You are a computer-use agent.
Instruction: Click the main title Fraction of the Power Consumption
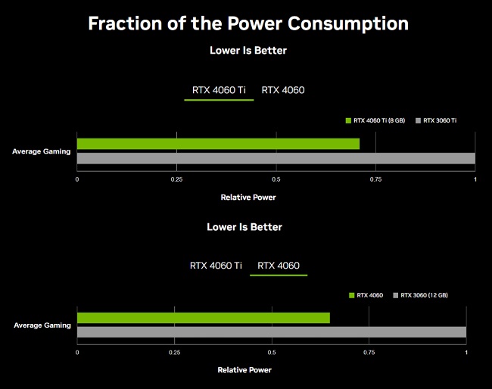click(248, 24)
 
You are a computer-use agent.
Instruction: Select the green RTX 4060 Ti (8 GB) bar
click(218, 144)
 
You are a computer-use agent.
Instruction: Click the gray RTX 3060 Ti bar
click(276, 158)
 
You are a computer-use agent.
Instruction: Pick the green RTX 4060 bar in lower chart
click(204, 318)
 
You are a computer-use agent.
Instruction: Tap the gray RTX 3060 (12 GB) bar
click(272, 332)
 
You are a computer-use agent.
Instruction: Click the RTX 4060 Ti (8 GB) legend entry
click(375, 120)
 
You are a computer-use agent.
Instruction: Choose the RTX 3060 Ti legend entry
click(436, 120)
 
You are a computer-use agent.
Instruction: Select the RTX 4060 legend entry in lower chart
click(366, 295)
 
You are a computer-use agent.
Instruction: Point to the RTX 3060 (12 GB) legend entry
click(420, 295)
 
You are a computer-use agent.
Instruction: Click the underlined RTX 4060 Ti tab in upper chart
click(219, 90)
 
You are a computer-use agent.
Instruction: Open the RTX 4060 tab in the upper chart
click(283, 90)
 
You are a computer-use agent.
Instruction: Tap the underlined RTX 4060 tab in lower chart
click(279, 266)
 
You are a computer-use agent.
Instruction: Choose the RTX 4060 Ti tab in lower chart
click(216, 266)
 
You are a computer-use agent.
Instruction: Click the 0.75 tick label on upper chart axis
click(375, 179)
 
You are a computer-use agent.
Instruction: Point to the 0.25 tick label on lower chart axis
click(174, 353)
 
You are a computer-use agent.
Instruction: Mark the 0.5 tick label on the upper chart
click(276, 179)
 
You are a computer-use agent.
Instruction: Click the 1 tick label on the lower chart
click(466, 353)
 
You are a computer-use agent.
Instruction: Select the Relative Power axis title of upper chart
click(248, 198)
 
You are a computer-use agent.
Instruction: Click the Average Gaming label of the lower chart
click(42, 325)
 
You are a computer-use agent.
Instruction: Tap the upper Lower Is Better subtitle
click(248, 51)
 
